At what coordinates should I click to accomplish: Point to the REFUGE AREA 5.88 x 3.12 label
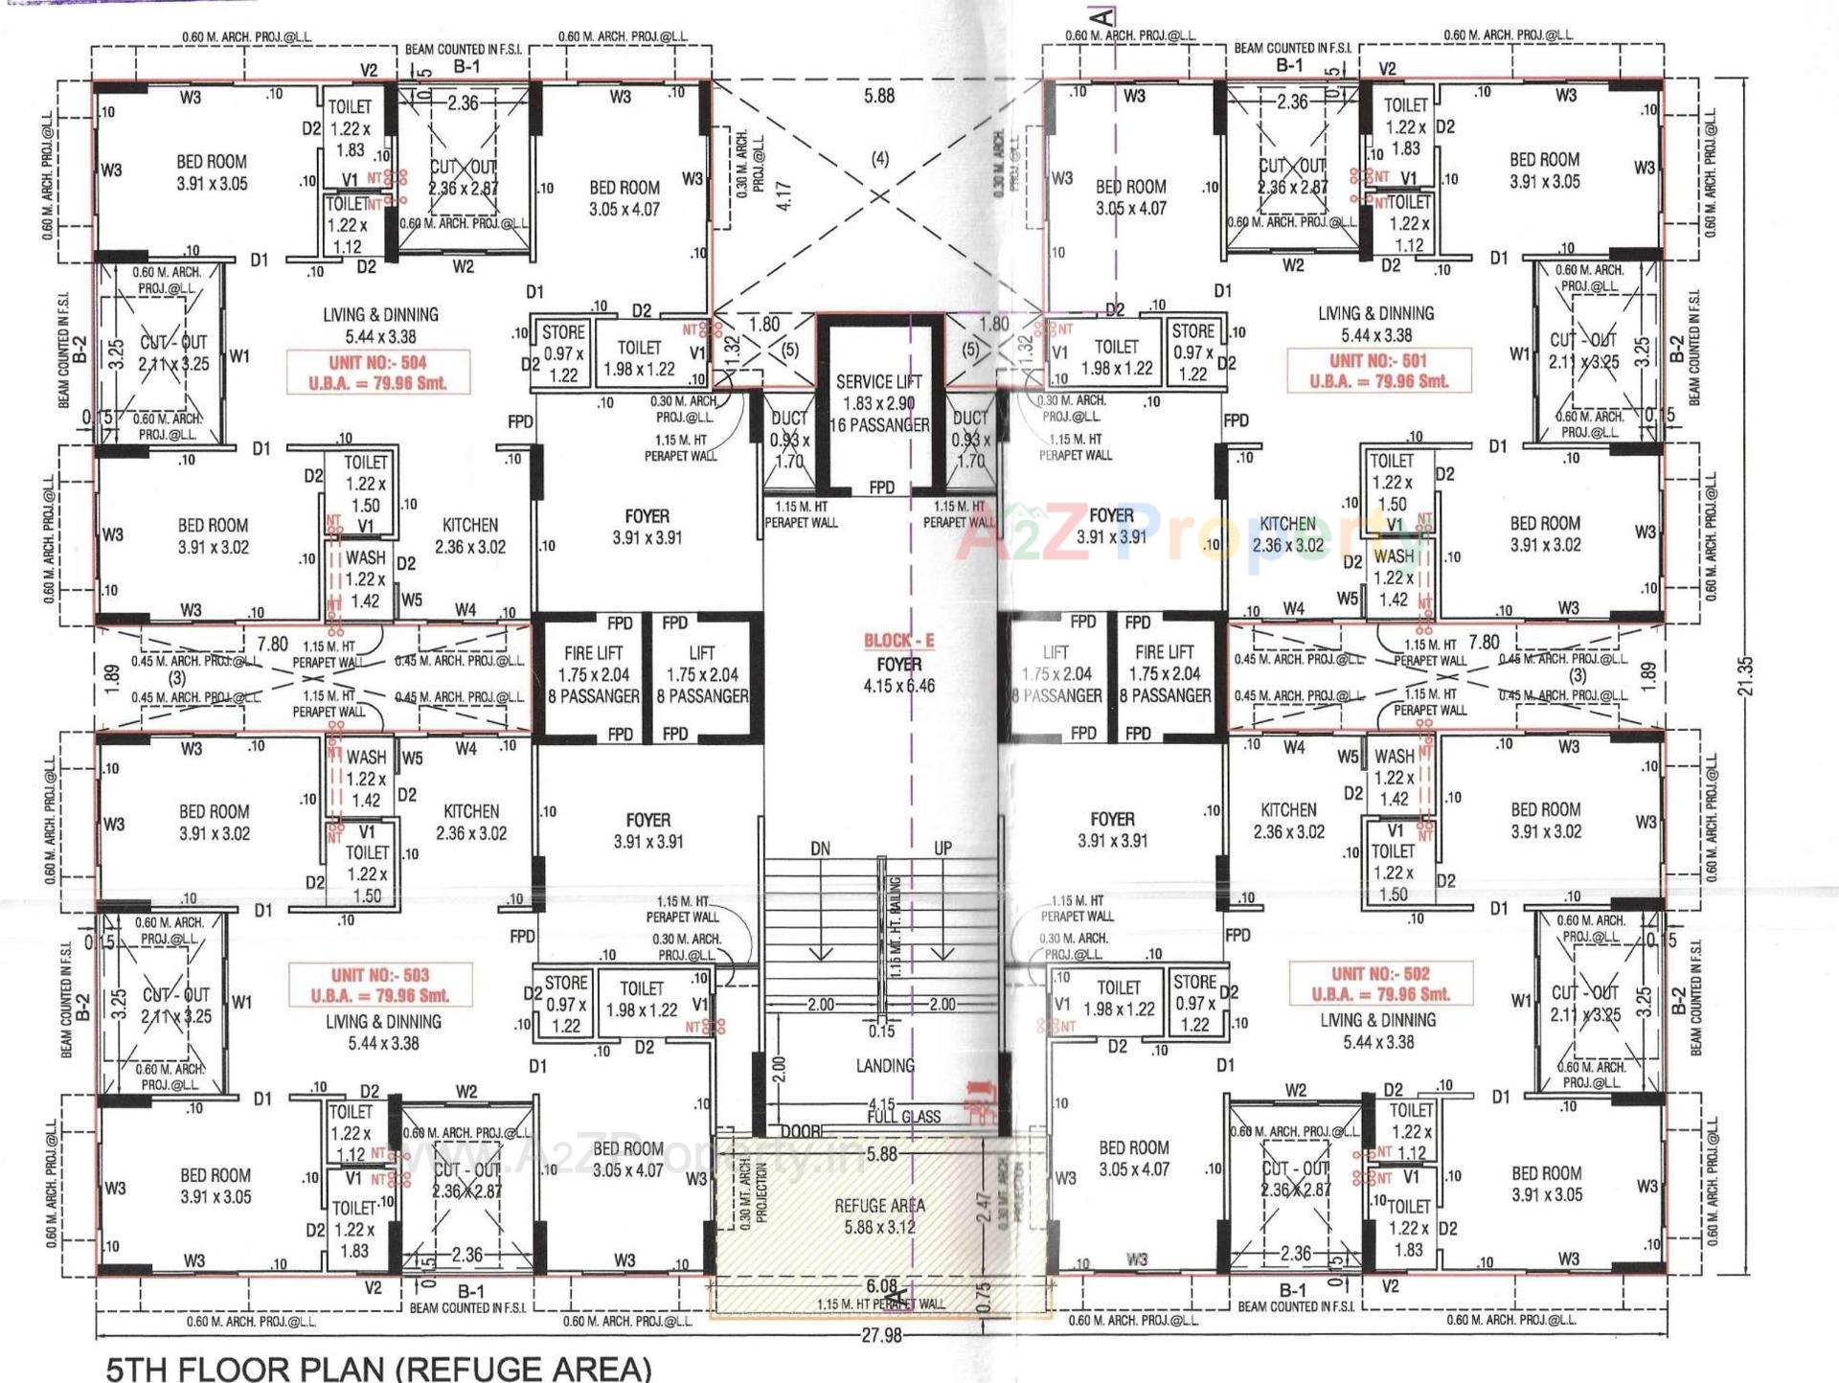879,1215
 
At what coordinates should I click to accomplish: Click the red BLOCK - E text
898,641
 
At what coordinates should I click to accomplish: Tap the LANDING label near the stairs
885,1065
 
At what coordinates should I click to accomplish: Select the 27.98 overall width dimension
881,1334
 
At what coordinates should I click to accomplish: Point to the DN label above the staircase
820,849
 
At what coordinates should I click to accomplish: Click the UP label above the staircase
942,849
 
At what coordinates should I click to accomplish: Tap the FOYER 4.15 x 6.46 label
898,675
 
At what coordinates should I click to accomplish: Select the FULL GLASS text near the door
904,1117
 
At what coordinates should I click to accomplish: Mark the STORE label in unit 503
566,983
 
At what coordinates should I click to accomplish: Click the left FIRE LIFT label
593,653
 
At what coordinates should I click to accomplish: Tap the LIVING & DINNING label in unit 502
1377,1021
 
